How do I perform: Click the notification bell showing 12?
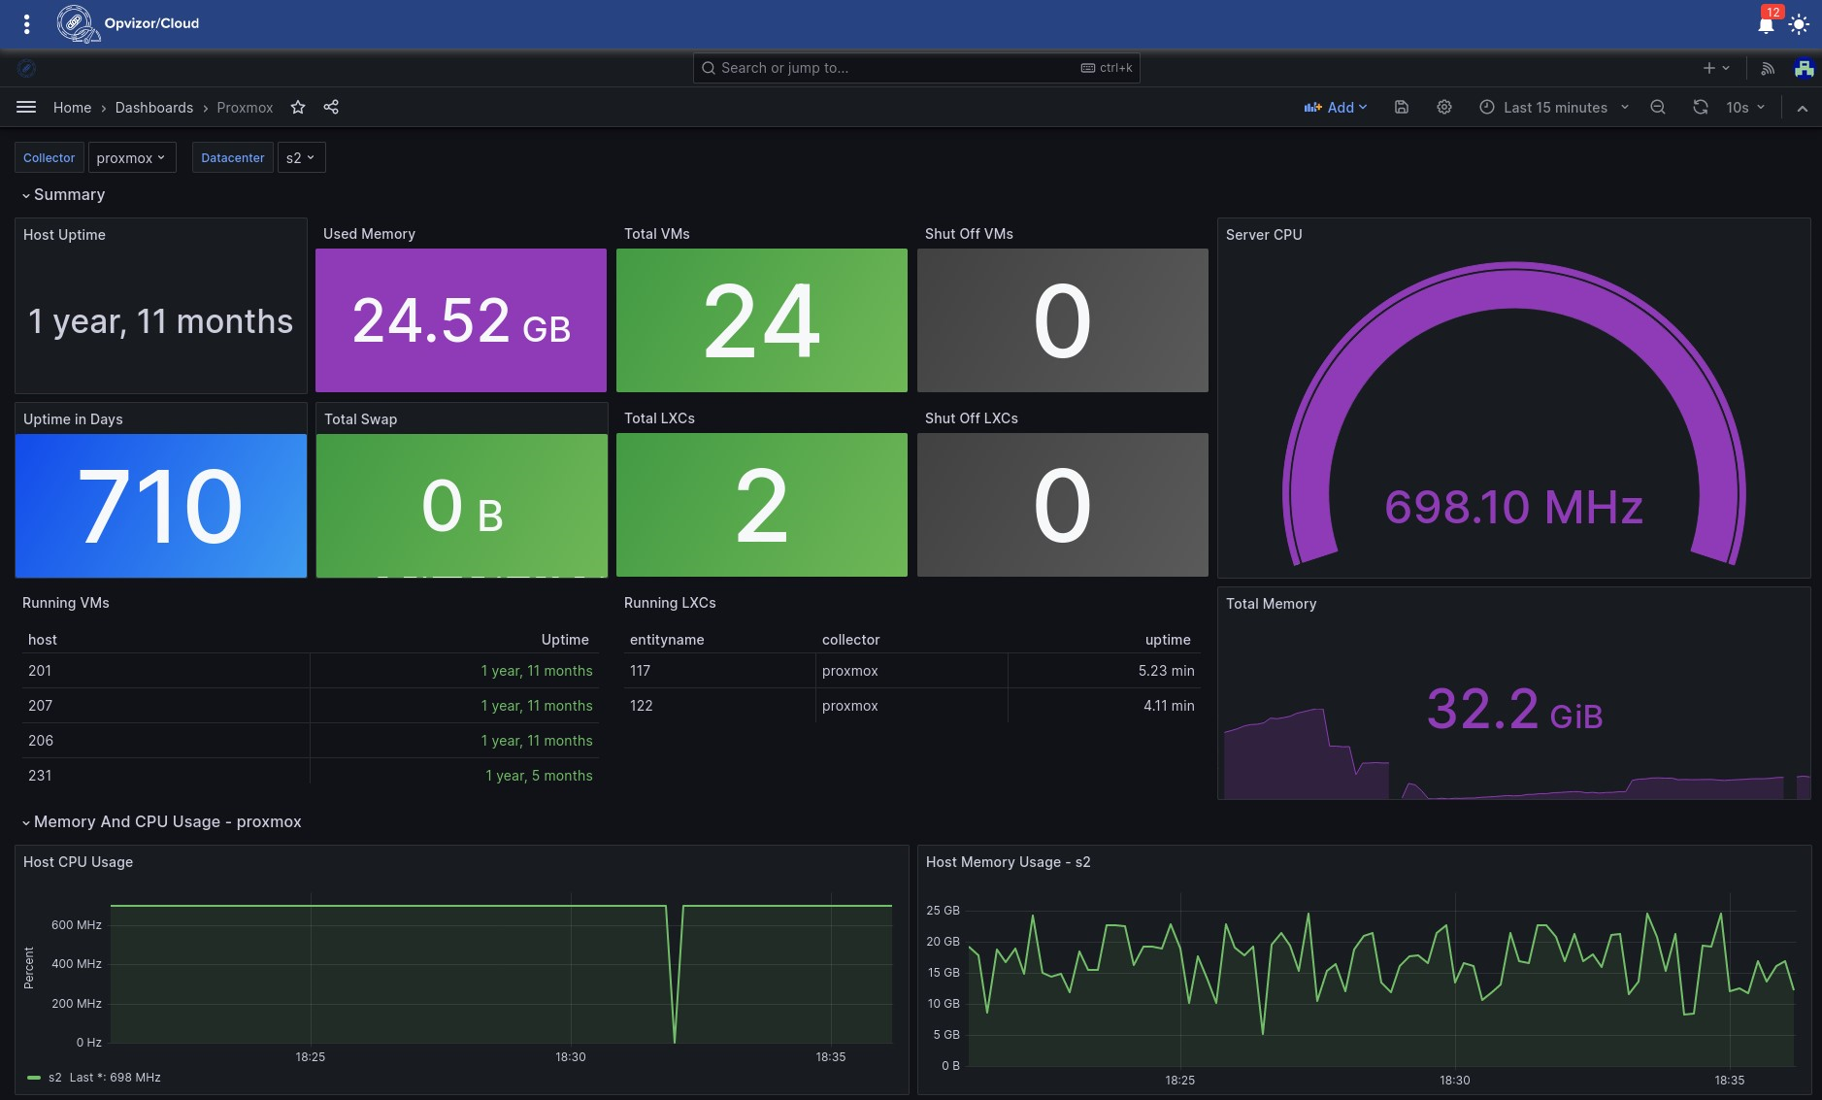[1766, 24]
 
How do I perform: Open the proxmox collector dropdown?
[131, 158]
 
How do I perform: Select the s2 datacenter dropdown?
[301, 158]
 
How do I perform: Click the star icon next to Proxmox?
[298, 108]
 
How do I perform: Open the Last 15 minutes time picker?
[1554, 108]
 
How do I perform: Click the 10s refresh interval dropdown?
[1744, 108]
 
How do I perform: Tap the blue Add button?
[1336, 108]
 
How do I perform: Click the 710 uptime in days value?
[160, 506]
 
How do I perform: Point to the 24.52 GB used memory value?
[461, 321]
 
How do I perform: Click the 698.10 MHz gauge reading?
[1512, 507]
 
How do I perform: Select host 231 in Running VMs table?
[40, 776]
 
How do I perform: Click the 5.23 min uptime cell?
[1166, 671]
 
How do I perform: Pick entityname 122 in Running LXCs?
[641, 706]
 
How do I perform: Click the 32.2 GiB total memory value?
[1513, 710]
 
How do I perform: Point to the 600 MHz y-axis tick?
[76, 925]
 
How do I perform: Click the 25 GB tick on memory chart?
[942, 911]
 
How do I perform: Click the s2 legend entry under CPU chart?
[54, 1078]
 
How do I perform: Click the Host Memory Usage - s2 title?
[1008, 862]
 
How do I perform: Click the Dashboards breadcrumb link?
[153, 108]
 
